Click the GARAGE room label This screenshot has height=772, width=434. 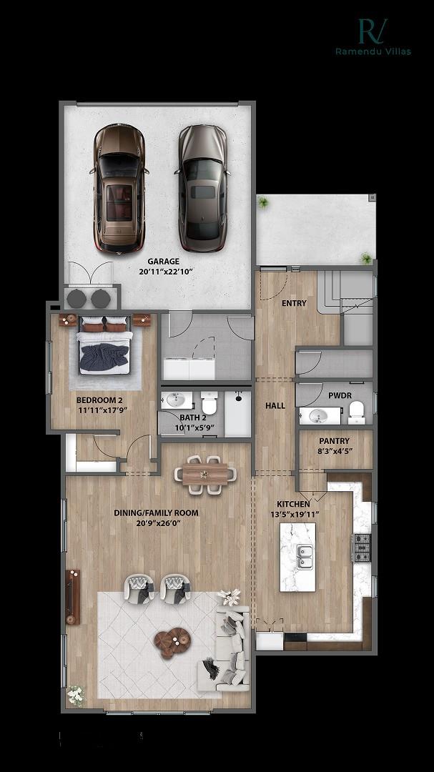click(x=164, y=262)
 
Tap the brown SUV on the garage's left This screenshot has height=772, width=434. click(x=119, y=187)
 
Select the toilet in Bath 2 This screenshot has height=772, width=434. click(x=209, y=402)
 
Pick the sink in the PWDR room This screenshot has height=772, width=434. click(x=318, y=415)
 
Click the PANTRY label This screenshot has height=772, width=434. click(x=334, y=441)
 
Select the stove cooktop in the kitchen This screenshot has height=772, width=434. click(x=362, y=548)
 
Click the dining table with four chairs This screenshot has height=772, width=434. click(x=204, y=473)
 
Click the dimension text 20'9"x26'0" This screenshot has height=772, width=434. click(x=157, y=523)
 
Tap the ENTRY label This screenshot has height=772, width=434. click(x=294, y=303)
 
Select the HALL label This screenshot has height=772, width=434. click(x=275, y=405)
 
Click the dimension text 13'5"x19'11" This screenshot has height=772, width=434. click(x=294, y=515)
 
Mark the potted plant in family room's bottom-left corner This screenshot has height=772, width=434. click(x=74, y=693)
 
